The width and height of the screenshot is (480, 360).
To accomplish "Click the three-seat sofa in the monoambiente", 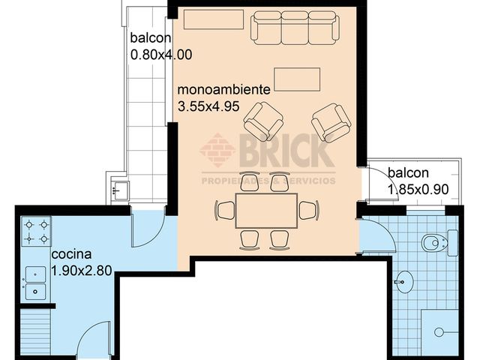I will pos(293,27).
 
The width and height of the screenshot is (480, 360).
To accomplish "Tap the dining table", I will pos(266,211).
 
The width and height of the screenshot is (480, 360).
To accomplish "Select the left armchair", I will pos(264,121).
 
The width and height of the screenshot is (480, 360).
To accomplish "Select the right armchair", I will pos(331,122).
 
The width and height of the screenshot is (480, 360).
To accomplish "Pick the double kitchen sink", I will pos(36,282).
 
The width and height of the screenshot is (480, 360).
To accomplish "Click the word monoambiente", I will pos(223,90).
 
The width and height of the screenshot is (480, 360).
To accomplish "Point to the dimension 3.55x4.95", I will pos(208,106).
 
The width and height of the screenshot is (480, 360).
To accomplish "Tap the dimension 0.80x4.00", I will pos(161,54).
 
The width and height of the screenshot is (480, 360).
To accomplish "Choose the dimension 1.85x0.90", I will pos(418,189).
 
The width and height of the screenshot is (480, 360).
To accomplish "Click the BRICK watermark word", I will pos(286,151).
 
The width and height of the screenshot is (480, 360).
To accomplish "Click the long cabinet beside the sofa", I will pos(214,19).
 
